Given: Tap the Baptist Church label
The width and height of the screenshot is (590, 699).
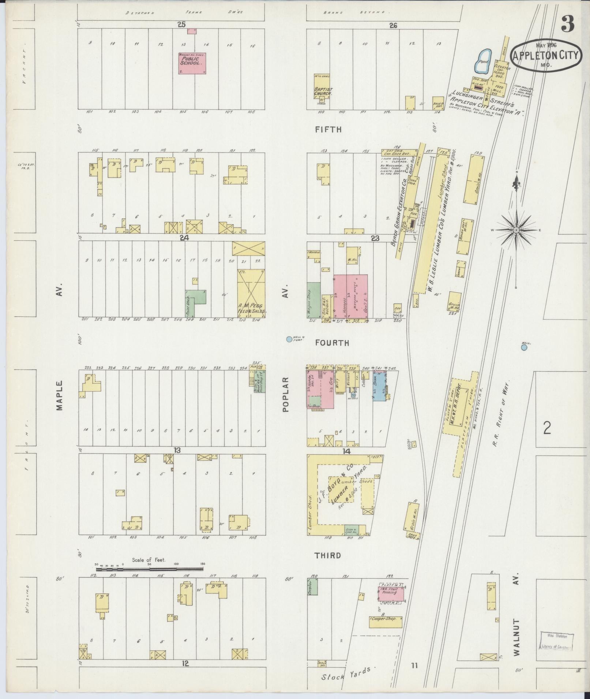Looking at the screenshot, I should [x=323, y=91].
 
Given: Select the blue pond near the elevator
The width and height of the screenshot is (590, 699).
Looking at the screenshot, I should [x=483, y=61].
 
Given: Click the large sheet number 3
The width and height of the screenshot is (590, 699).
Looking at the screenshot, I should [x=568, y=24].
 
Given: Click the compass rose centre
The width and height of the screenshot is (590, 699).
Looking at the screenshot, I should [x=516, y=230].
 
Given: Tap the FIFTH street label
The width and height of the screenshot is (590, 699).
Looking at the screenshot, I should [x=328, y=129].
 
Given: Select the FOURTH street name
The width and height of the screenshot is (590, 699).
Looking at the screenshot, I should [x=332, y=343].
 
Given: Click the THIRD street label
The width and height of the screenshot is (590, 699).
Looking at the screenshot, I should [x=328, y=566].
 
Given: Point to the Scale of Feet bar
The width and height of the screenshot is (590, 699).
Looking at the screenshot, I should [x=150, y=579].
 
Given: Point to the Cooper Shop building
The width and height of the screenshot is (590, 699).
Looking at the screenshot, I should [x=385, y=622].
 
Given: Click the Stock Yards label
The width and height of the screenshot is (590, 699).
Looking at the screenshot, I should [x=349, y=673].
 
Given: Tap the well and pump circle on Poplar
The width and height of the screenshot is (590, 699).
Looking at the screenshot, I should [x=289, y=339].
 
